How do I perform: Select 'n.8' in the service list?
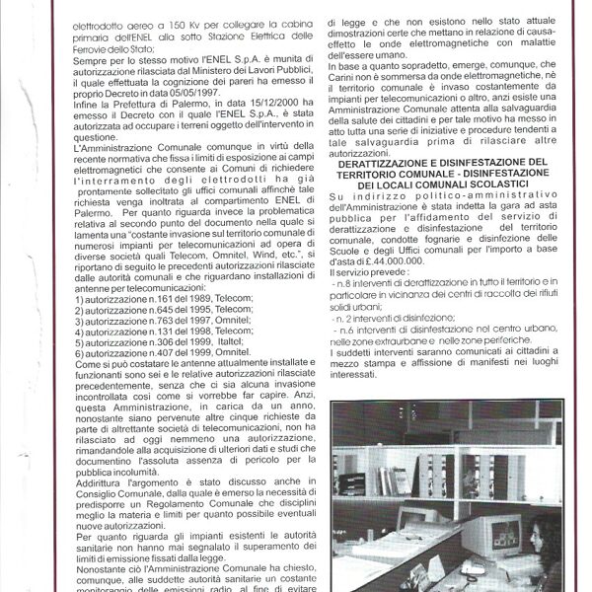(x=340, y=284)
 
